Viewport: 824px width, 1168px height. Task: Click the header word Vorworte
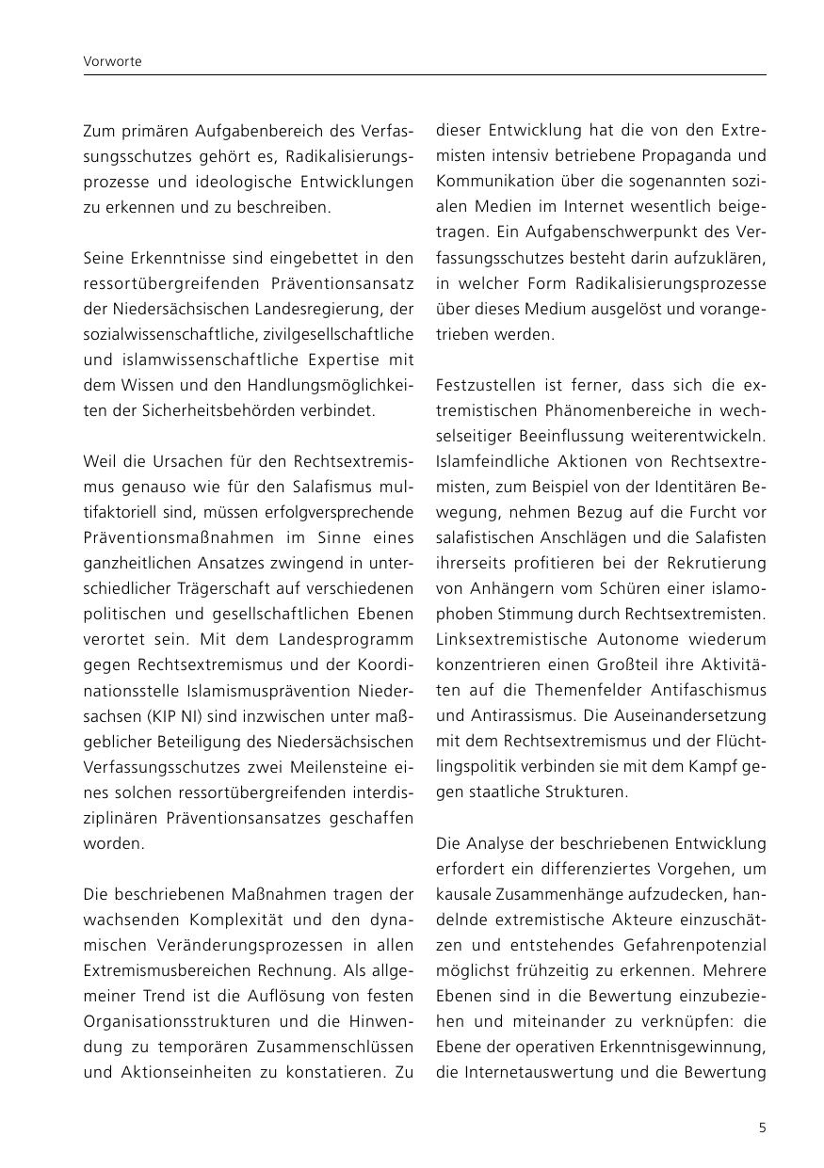112,61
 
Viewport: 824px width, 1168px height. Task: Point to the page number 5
762,1128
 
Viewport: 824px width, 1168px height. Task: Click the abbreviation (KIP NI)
172,715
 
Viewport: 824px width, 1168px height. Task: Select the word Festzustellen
483,385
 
